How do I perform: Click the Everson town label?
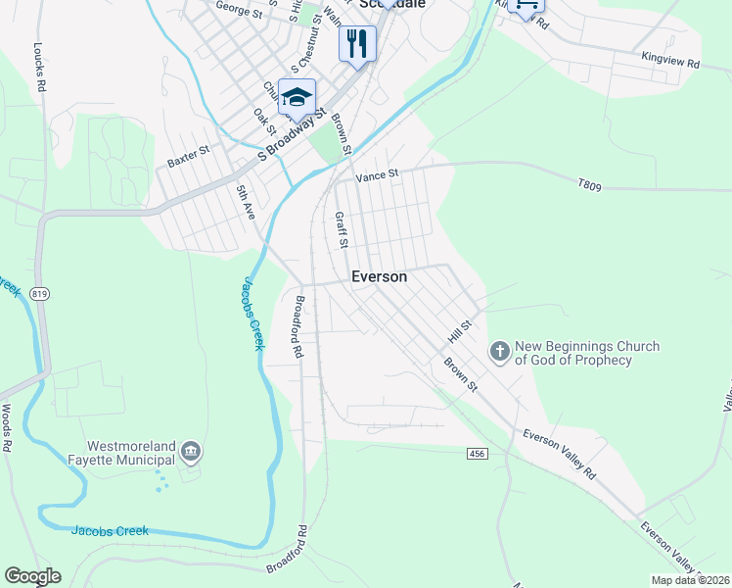(x=379, y=277)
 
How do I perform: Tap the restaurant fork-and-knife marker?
(x=357, y=43)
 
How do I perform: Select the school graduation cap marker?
(x=297, y=97)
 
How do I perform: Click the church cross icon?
(x=499, y=352)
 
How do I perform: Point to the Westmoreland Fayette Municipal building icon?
(x=191, y=451)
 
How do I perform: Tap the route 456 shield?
(x=477, y=453)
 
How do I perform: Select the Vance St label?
(x=378, y=175)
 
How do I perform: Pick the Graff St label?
(x=342, y=230)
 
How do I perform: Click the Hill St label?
(x=460, y=330)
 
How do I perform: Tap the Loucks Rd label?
(x=40, y=67)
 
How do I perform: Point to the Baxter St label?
(x=189, y=157)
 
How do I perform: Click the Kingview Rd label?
(x=670, y=62)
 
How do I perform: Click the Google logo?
(x=32, y=576)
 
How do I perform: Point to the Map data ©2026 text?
(x=690, y=580)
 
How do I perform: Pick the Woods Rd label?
(x=7, y=427)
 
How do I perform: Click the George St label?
(x=240, y=10)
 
